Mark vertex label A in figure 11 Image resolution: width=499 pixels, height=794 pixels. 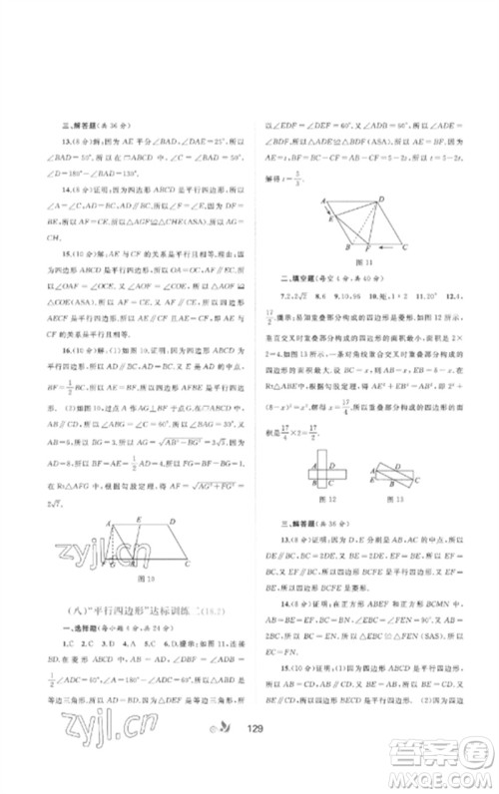324,199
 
